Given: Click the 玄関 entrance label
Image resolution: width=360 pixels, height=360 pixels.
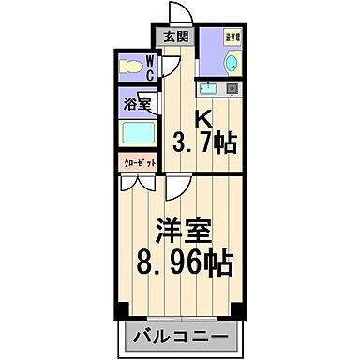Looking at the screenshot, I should [176, 37].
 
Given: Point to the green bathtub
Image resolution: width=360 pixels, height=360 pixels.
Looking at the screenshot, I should [138, 131].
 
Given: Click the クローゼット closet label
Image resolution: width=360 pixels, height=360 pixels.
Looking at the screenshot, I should [138, 162].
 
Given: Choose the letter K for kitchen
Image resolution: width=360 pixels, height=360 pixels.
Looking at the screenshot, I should [202, 119].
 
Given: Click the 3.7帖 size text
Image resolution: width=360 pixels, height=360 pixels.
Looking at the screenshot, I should [204, 143].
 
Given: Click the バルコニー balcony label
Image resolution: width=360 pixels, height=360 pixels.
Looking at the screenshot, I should [179, 336].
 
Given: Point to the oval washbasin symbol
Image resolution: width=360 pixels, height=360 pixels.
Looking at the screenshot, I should [231, 63].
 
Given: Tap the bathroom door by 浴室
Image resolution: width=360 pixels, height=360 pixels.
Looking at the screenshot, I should [156, 106].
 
